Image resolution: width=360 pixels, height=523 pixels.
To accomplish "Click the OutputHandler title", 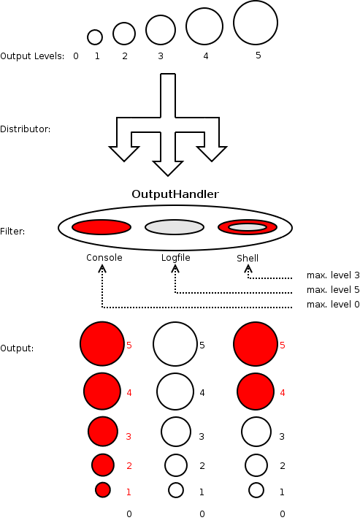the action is tap(175, 194).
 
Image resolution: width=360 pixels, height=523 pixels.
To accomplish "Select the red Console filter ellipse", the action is tap(102, 227).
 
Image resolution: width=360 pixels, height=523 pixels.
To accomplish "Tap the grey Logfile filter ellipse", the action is tap(175, 227).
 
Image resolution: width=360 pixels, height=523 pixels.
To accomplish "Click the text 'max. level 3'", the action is tap(333, 275).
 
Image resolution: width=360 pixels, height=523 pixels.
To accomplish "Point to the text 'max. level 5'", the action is tap(333, 290).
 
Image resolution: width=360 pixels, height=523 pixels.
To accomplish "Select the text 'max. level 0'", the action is tap(333, 305).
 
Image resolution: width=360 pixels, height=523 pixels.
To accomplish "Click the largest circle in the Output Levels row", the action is tap(256, 23).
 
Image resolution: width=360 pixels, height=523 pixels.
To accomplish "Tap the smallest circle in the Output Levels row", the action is tap(95, 37).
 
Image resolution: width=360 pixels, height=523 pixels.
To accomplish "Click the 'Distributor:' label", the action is tap(26, 129).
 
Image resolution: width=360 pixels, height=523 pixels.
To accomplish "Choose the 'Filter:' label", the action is tap(12, 231).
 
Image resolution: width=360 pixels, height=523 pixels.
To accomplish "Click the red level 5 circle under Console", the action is tap(102, 343).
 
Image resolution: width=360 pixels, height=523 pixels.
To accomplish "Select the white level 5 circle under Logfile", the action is tap(175, 343).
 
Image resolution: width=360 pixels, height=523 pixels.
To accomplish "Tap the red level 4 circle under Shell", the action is tap(256, 392).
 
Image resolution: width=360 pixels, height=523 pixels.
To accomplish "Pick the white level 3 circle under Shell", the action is tap(256, 432).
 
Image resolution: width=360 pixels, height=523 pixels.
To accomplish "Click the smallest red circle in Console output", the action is tap(103, 490).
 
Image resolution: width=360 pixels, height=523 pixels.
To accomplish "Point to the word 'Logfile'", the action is tap(176, 258).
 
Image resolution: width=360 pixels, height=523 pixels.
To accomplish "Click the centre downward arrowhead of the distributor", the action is tap(168, 169).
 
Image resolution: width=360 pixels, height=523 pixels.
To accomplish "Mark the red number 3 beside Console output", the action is tap(129, 436).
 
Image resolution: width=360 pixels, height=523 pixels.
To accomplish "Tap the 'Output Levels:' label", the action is tap(32, 56).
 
